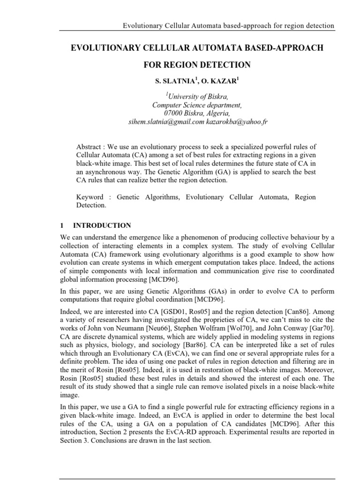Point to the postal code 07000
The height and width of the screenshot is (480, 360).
point(174,113)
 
